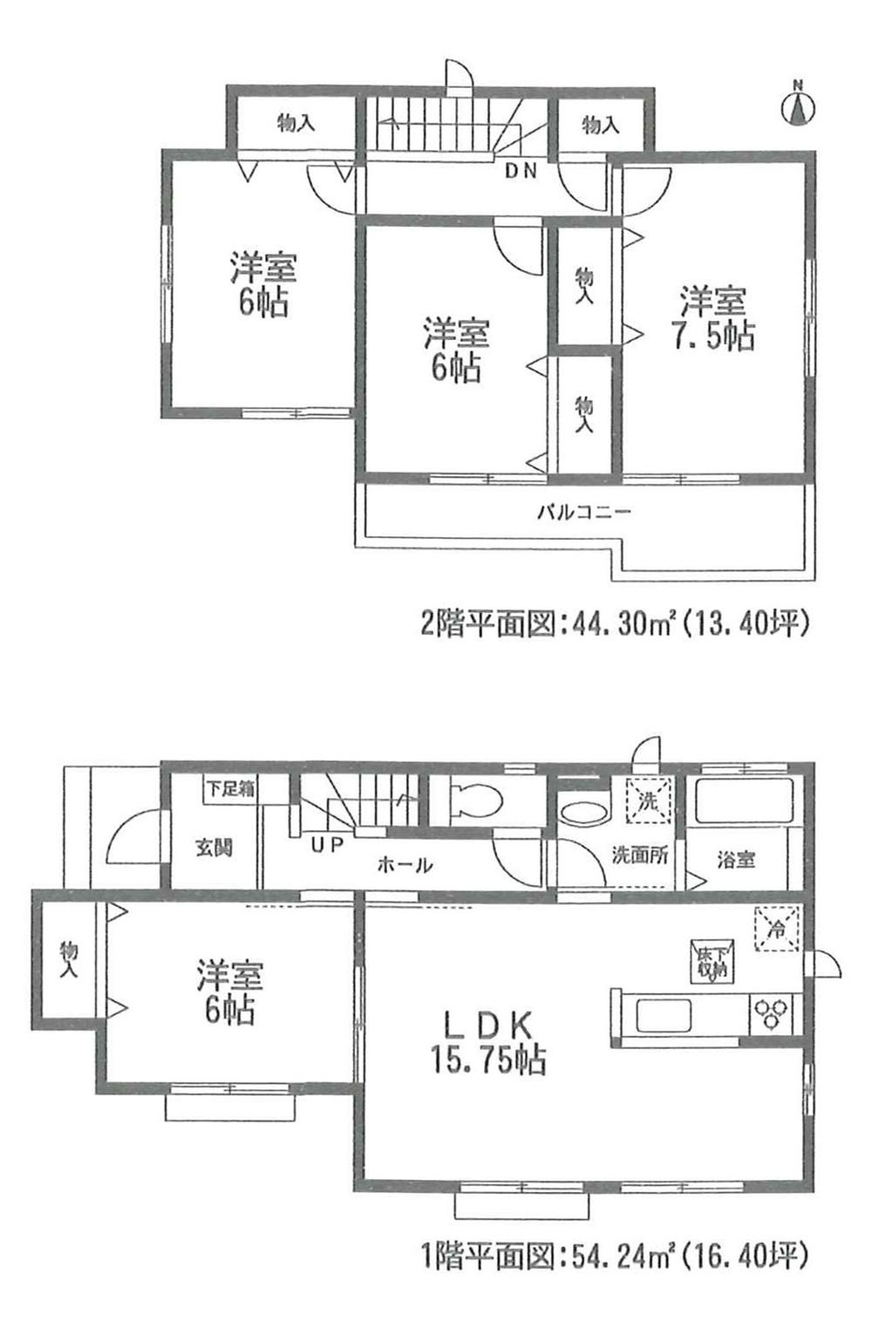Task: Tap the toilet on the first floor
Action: (x=476, y=797)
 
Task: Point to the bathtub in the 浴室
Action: (x=743, y=801)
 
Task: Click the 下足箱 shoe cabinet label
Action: (x=230, y=789)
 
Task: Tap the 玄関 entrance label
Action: (x=214, y=847)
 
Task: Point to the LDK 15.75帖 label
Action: (x=486, y=1042)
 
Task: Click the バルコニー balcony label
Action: (x=582, y=512)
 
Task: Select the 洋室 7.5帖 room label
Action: (x=714, y=318)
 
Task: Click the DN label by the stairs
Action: (x=521, y=171)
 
